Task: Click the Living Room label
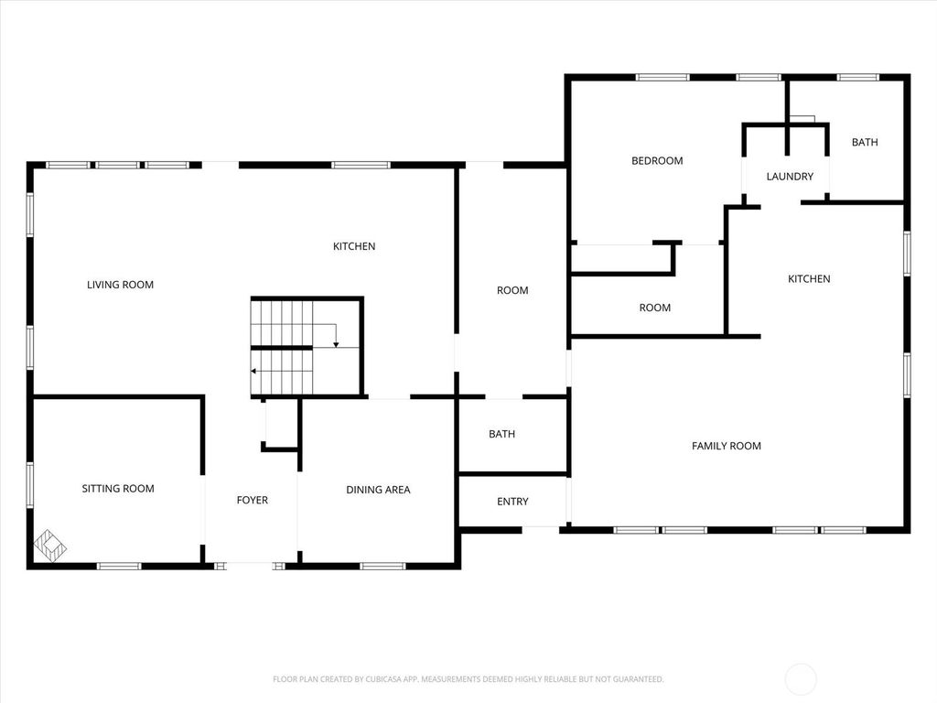(x=120, y=285)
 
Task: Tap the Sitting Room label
(x=118, y=489)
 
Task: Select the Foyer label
(x=253, y=500)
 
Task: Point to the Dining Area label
(x=378, y=490)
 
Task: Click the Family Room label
(x=727, y=446)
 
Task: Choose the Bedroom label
(x=657, y=161)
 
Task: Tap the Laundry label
(x=790, y=177)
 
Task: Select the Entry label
(x=512, y=502)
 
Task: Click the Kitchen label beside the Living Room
(x=354, y=246)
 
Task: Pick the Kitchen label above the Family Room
(x=809, y=279)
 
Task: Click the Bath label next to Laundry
(x=865, y=142)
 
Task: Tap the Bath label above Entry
(x=501, y=434)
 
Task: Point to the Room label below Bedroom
(x=654, y=308)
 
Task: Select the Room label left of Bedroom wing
(x=512, y=290)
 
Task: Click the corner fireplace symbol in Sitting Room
(x=49, y=546)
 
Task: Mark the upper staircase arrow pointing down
(x=336, y=343)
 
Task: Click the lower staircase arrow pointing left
(x=254, y=371)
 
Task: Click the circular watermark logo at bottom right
(x=802, y=679)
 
